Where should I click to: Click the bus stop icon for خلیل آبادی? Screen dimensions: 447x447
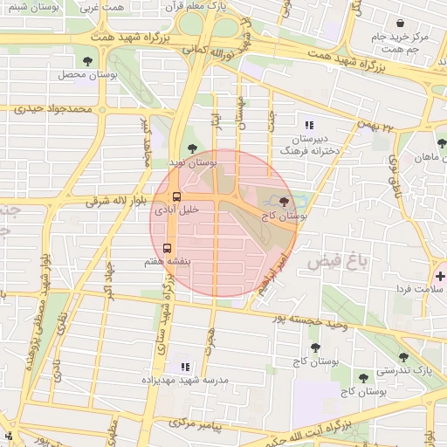177,196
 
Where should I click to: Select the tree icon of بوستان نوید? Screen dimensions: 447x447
192,148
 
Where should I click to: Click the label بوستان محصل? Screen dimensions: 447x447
88,75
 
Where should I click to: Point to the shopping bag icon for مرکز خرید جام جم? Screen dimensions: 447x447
400,24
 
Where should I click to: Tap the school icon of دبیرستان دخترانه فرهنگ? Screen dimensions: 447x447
309,125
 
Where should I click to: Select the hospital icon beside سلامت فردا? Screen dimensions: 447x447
439,276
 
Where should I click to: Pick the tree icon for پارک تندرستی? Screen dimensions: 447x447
402,357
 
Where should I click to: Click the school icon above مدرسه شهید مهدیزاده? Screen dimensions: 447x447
184,368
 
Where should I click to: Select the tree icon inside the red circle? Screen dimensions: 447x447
283,201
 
